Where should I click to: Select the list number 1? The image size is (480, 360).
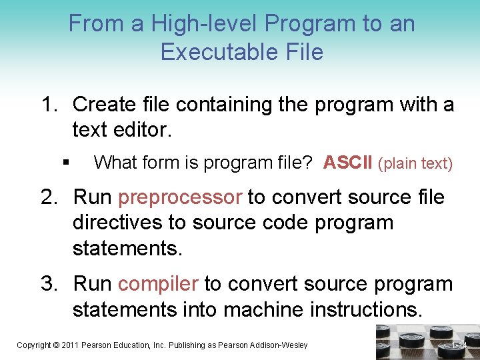click(x=50, y=105)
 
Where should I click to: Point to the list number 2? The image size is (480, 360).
click(x=50, y=197)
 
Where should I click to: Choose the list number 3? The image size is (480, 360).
click(x=50, y=285)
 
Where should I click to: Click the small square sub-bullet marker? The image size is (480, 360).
click(x=65, y=163)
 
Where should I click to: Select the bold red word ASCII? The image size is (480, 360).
click(x=347, y=163)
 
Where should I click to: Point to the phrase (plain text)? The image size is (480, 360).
click(x=415, y=163)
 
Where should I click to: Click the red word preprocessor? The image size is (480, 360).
click(x=180, y=197)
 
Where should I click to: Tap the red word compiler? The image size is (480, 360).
click(x=158, y=285)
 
